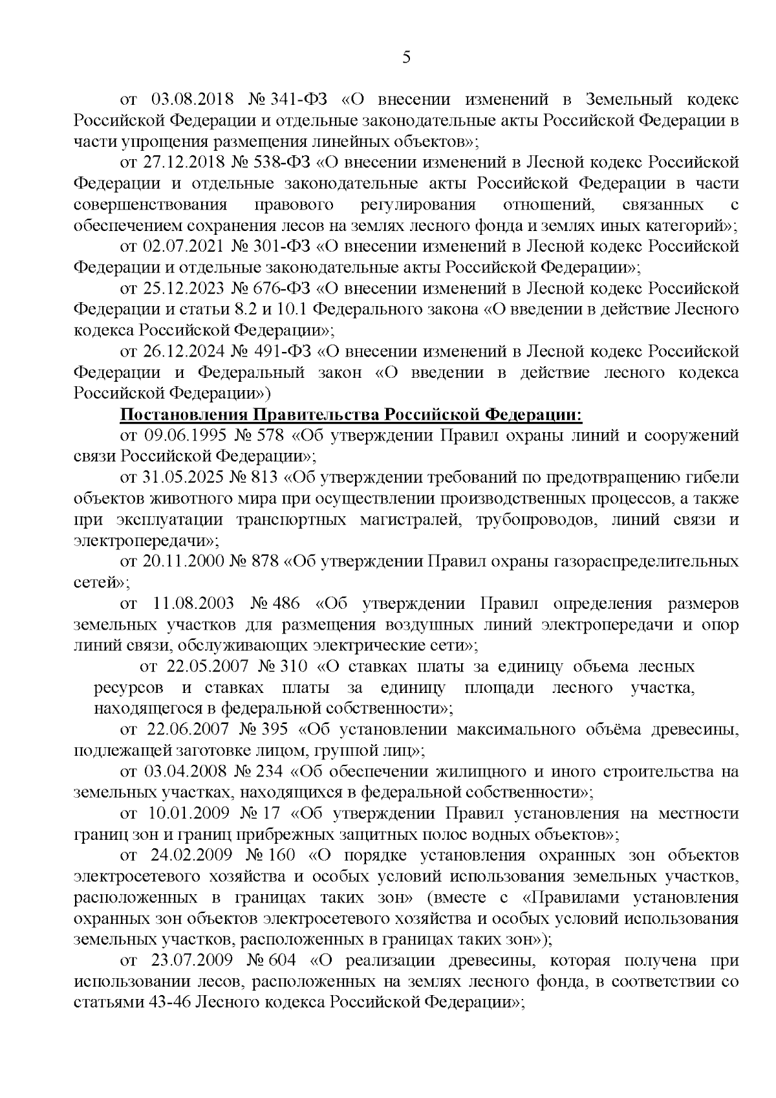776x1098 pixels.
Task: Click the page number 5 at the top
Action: (406, 58)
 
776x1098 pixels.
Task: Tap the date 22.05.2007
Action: (204, 666)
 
